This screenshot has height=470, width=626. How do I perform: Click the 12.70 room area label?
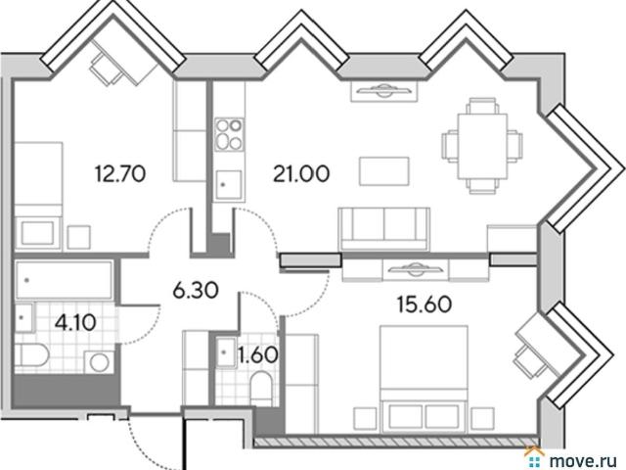[120, 174]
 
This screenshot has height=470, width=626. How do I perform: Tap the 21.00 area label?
[301, 174]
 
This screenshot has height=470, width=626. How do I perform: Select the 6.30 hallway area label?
[196, 290]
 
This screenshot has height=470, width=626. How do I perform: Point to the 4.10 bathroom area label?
[75, 322]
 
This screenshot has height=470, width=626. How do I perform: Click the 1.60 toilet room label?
[258, 354]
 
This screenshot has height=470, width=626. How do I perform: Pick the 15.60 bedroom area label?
[425, 305]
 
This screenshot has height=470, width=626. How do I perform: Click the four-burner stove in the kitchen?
[229, 134]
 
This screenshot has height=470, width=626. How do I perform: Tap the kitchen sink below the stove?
[229, 185]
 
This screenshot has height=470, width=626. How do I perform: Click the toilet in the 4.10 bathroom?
[32, 354]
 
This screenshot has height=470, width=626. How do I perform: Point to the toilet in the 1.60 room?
[261, 389]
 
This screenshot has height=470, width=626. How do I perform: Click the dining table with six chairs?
[482, 146]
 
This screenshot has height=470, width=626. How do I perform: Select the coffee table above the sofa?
[384, 171]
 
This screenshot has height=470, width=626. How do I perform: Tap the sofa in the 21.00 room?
[384, 229]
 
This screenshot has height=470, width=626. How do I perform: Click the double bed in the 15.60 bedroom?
[424, 379]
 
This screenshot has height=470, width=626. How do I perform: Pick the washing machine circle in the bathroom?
[100, 362]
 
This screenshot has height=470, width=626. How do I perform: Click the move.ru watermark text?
[583, 460]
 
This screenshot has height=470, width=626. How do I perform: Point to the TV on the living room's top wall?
[384, 91]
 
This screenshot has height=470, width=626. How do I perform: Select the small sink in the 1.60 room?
[226, 352]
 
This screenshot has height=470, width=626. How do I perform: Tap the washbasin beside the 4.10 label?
[23, 317]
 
